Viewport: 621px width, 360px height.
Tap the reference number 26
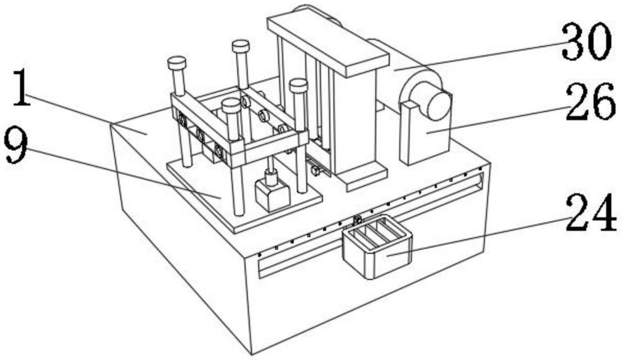click(590, 102)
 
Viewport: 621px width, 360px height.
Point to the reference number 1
click(22, 88)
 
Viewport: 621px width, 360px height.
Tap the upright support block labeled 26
click(425, 133)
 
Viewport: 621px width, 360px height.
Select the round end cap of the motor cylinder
click(438, 106)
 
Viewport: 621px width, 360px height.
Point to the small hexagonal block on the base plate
click(273, 194)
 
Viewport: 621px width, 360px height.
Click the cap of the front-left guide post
click(176, 63)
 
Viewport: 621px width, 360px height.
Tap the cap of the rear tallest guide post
click(241, 46)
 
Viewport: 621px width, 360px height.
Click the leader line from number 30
click(478, 55)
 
